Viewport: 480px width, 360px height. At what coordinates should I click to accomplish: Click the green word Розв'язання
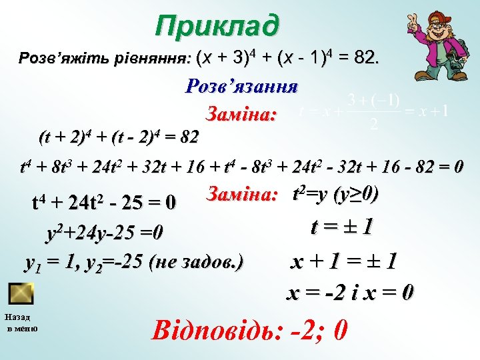pos(241,87)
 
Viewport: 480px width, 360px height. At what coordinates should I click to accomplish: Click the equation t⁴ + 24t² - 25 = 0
pos(104,201)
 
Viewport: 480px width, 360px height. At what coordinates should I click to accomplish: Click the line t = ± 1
pos(342,229)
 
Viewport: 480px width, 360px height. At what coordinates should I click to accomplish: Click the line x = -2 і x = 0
pos(350,292)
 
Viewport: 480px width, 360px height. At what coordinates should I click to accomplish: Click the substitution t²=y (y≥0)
pos(336,194)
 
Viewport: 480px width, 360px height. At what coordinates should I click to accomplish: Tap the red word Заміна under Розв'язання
pos(241,114)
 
